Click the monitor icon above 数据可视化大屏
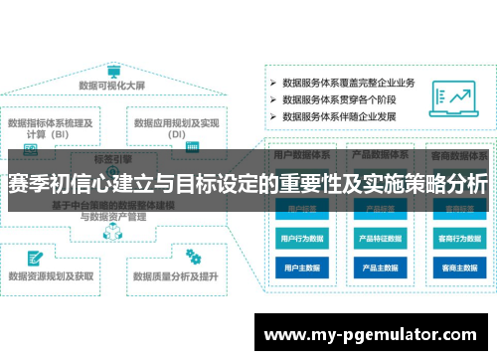(x=113, y=74)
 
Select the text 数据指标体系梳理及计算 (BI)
(x=51, y=129)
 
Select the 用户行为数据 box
(x=303, y=239)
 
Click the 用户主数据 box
(x=303, y=268)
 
